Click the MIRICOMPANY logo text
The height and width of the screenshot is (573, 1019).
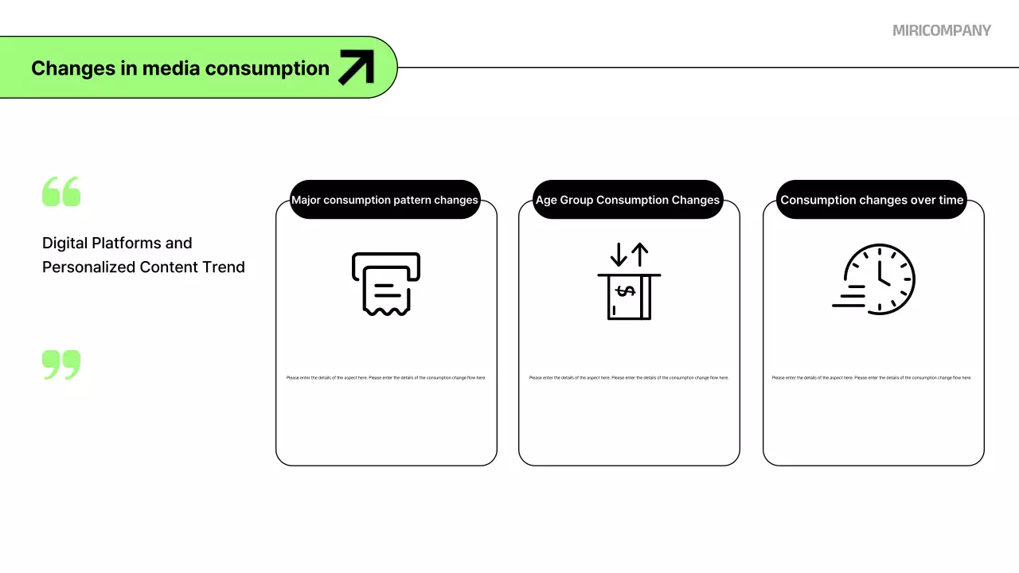(942, 30)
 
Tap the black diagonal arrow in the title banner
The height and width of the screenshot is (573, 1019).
(356, 68)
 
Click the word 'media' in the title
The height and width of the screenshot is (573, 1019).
(170, 68)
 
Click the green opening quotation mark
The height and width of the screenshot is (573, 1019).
(61, 193)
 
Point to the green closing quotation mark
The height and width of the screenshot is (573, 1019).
(61, 364)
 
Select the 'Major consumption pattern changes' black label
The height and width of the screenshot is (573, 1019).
(385, 200)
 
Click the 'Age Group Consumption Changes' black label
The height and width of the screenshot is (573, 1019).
(627, 200)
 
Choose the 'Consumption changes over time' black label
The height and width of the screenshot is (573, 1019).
(872, 200)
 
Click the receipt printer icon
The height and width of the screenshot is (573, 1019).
(386, 283)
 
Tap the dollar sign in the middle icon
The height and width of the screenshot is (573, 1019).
(626, 291)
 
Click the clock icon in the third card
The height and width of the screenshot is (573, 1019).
(880, 279)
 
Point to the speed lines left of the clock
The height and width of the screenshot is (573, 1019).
(849, 296)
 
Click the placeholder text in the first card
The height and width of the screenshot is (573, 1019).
(386, 378)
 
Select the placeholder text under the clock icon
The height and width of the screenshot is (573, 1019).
(872, 378)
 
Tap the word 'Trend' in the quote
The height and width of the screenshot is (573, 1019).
(224, 267)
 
